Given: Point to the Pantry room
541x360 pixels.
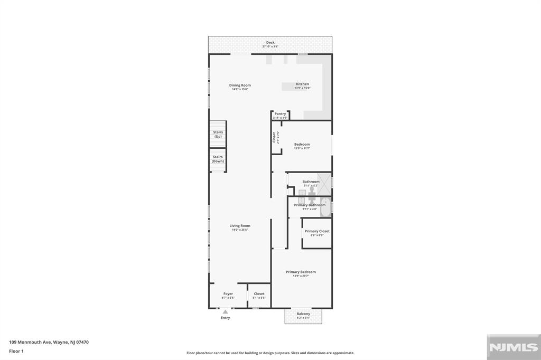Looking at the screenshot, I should coord(280,115).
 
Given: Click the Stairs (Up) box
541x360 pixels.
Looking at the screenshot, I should coord(218,134).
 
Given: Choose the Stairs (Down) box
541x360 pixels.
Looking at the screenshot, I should coord(218,159).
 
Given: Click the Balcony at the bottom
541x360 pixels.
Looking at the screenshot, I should coord(303,316).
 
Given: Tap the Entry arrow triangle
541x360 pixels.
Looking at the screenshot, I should coord(225,312).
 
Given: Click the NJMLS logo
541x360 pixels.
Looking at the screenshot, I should coord(513,347).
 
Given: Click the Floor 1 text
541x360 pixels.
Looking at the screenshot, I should coord(16,351).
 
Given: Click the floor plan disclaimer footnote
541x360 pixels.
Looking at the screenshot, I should coord(270,353).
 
